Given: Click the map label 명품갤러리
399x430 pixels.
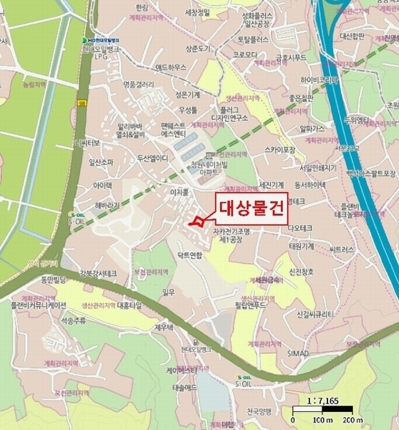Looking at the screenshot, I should point(139,84).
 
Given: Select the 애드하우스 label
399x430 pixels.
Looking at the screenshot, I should point(170,67).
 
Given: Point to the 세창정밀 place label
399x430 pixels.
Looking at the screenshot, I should point(198,12).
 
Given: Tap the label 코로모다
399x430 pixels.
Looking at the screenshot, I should point(245,54).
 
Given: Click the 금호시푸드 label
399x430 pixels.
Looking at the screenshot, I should point(291,57).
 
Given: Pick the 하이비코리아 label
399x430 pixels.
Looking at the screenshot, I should point(319,80).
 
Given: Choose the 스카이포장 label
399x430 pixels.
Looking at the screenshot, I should point(280,150).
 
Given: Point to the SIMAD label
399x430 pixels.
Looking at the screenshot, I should point(298,353).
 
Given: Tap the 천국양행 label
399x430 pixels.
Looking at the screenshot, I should point(259,411).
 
